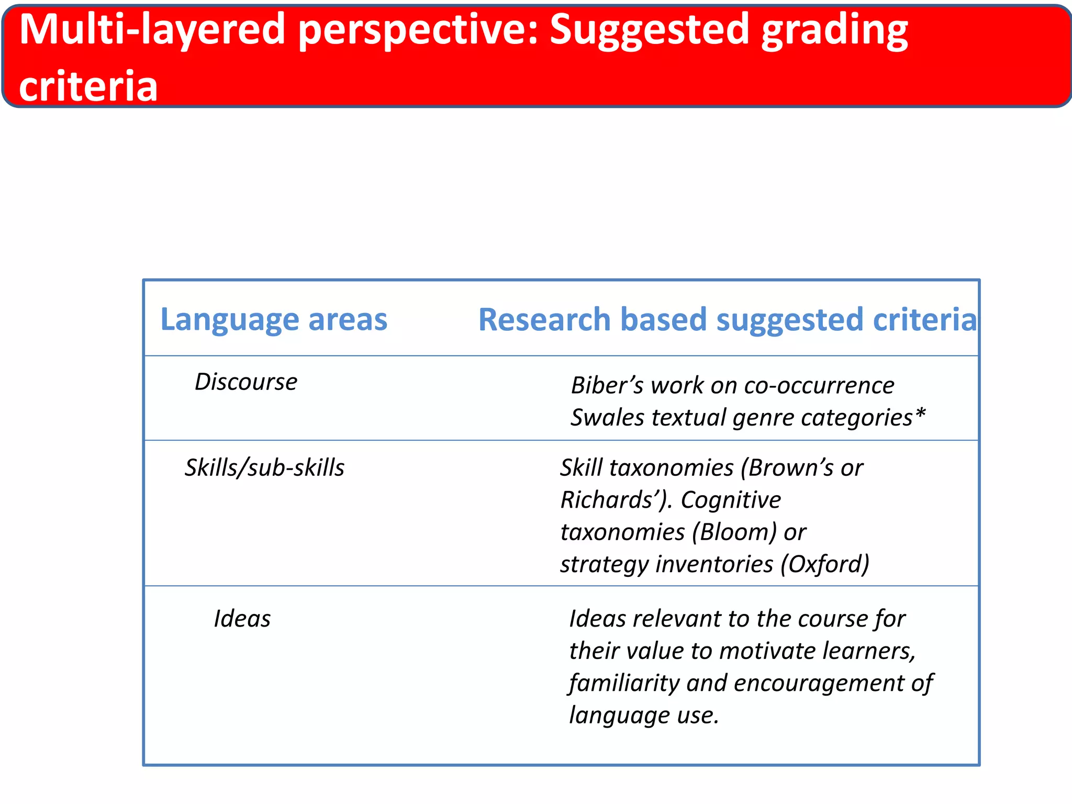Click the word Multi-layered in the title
pos(152,30)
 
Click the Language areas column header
pos(274,319)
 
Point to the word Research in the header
pos(544,319)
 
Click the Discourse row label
pos(246,382)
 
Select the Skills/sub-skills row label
pos(264,467)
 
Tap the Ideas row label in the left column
pos(242,619)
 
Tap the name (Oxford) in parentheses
pos(825,564)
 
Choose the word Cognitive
pos(731,500)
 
